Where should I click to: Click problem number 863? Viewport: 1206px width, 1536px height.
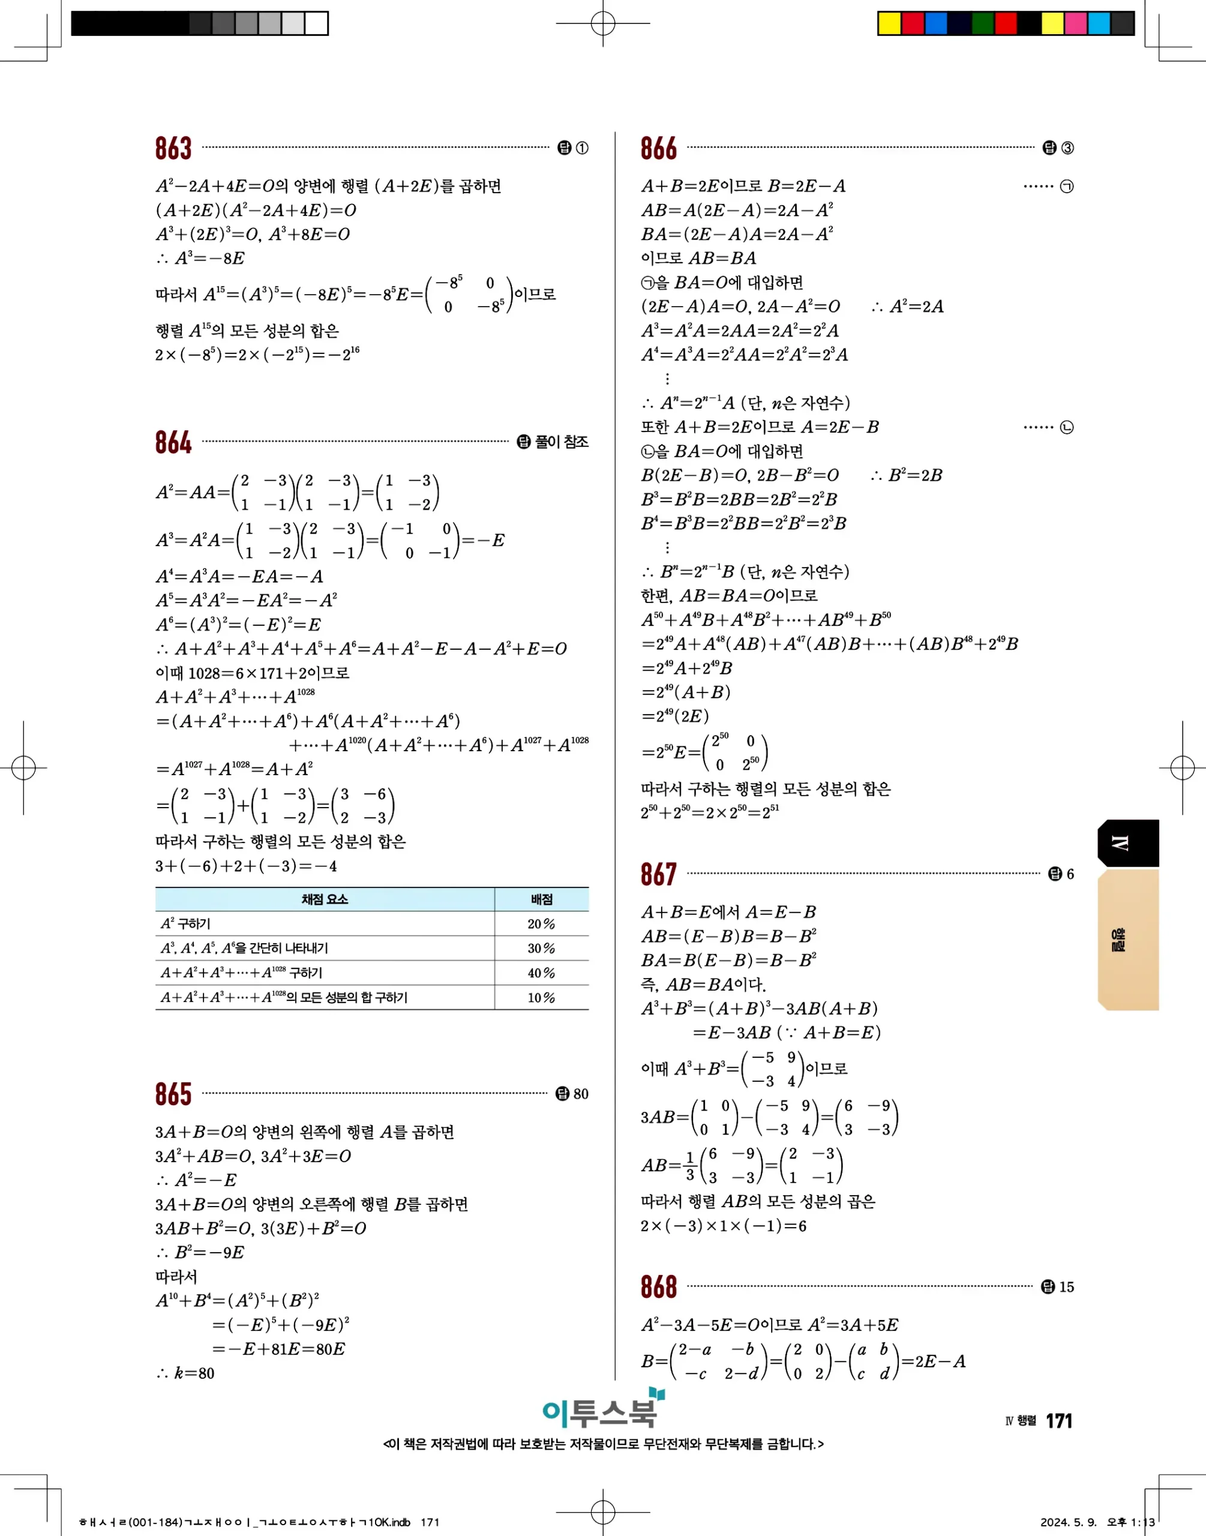pyautogui.click(x=173, y=148)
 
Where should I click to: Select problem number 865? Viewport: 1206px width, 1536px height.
pyautogui.click(x=173, y=1094)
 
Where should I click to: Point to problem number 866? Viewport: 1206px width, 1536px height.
pyautogui.click(x=658, y=148)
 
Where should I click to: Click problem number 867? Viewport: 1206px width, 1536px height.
pyautogui.click(x=658, y=875)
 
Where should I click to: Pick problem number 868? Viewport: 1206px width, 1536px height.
pyautogui.click(x=658, y=1287)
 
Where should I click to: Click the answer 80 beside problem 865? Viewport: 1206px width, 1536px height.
pyautogui.click(x=580, y=1094)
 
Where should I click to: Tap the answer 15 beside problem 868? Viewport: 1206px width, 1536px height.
pyautogui.click(x=1066, y=1287)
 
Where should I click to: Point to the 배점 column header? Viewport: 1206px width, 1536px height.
pyautogui.click(x=542, y=899)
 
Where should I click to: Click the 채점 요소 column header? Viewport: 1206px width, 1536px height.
pyautogui.click(x=325, y=899)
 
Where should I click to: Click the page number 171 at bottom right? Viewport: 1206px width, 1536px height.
pyautogui.click(x=1058, y=1421)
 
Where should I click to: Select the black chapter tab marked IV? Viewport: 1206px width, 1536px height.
pyautogui.click(x=1127, y=843)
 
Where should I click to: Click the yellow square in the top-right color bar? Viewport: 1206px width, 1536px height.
pyautogui.click(x=889, y=23)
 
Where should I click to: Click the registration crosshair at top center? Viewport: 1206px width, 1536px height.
pyautogui.click(x=602, y=23)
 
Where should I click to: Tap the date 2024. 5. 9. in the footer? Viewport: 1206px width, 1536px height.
pyautogui.click(x=1067, y=1522)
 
